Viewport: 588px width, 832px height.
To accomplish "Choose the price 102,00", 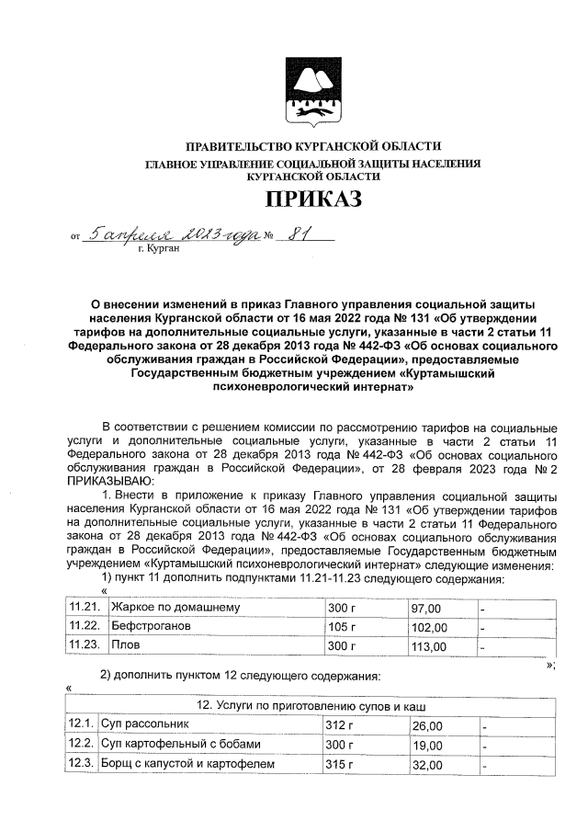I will (x=429, y=627).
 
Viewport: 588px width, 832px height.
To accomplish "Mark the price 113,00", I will (x=428, y=646).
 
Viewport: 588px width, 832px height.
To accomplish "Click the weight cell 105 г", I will (x=341, y=627).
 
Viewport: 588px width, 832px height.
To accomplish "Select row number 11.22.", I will (x=84, y=627).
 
